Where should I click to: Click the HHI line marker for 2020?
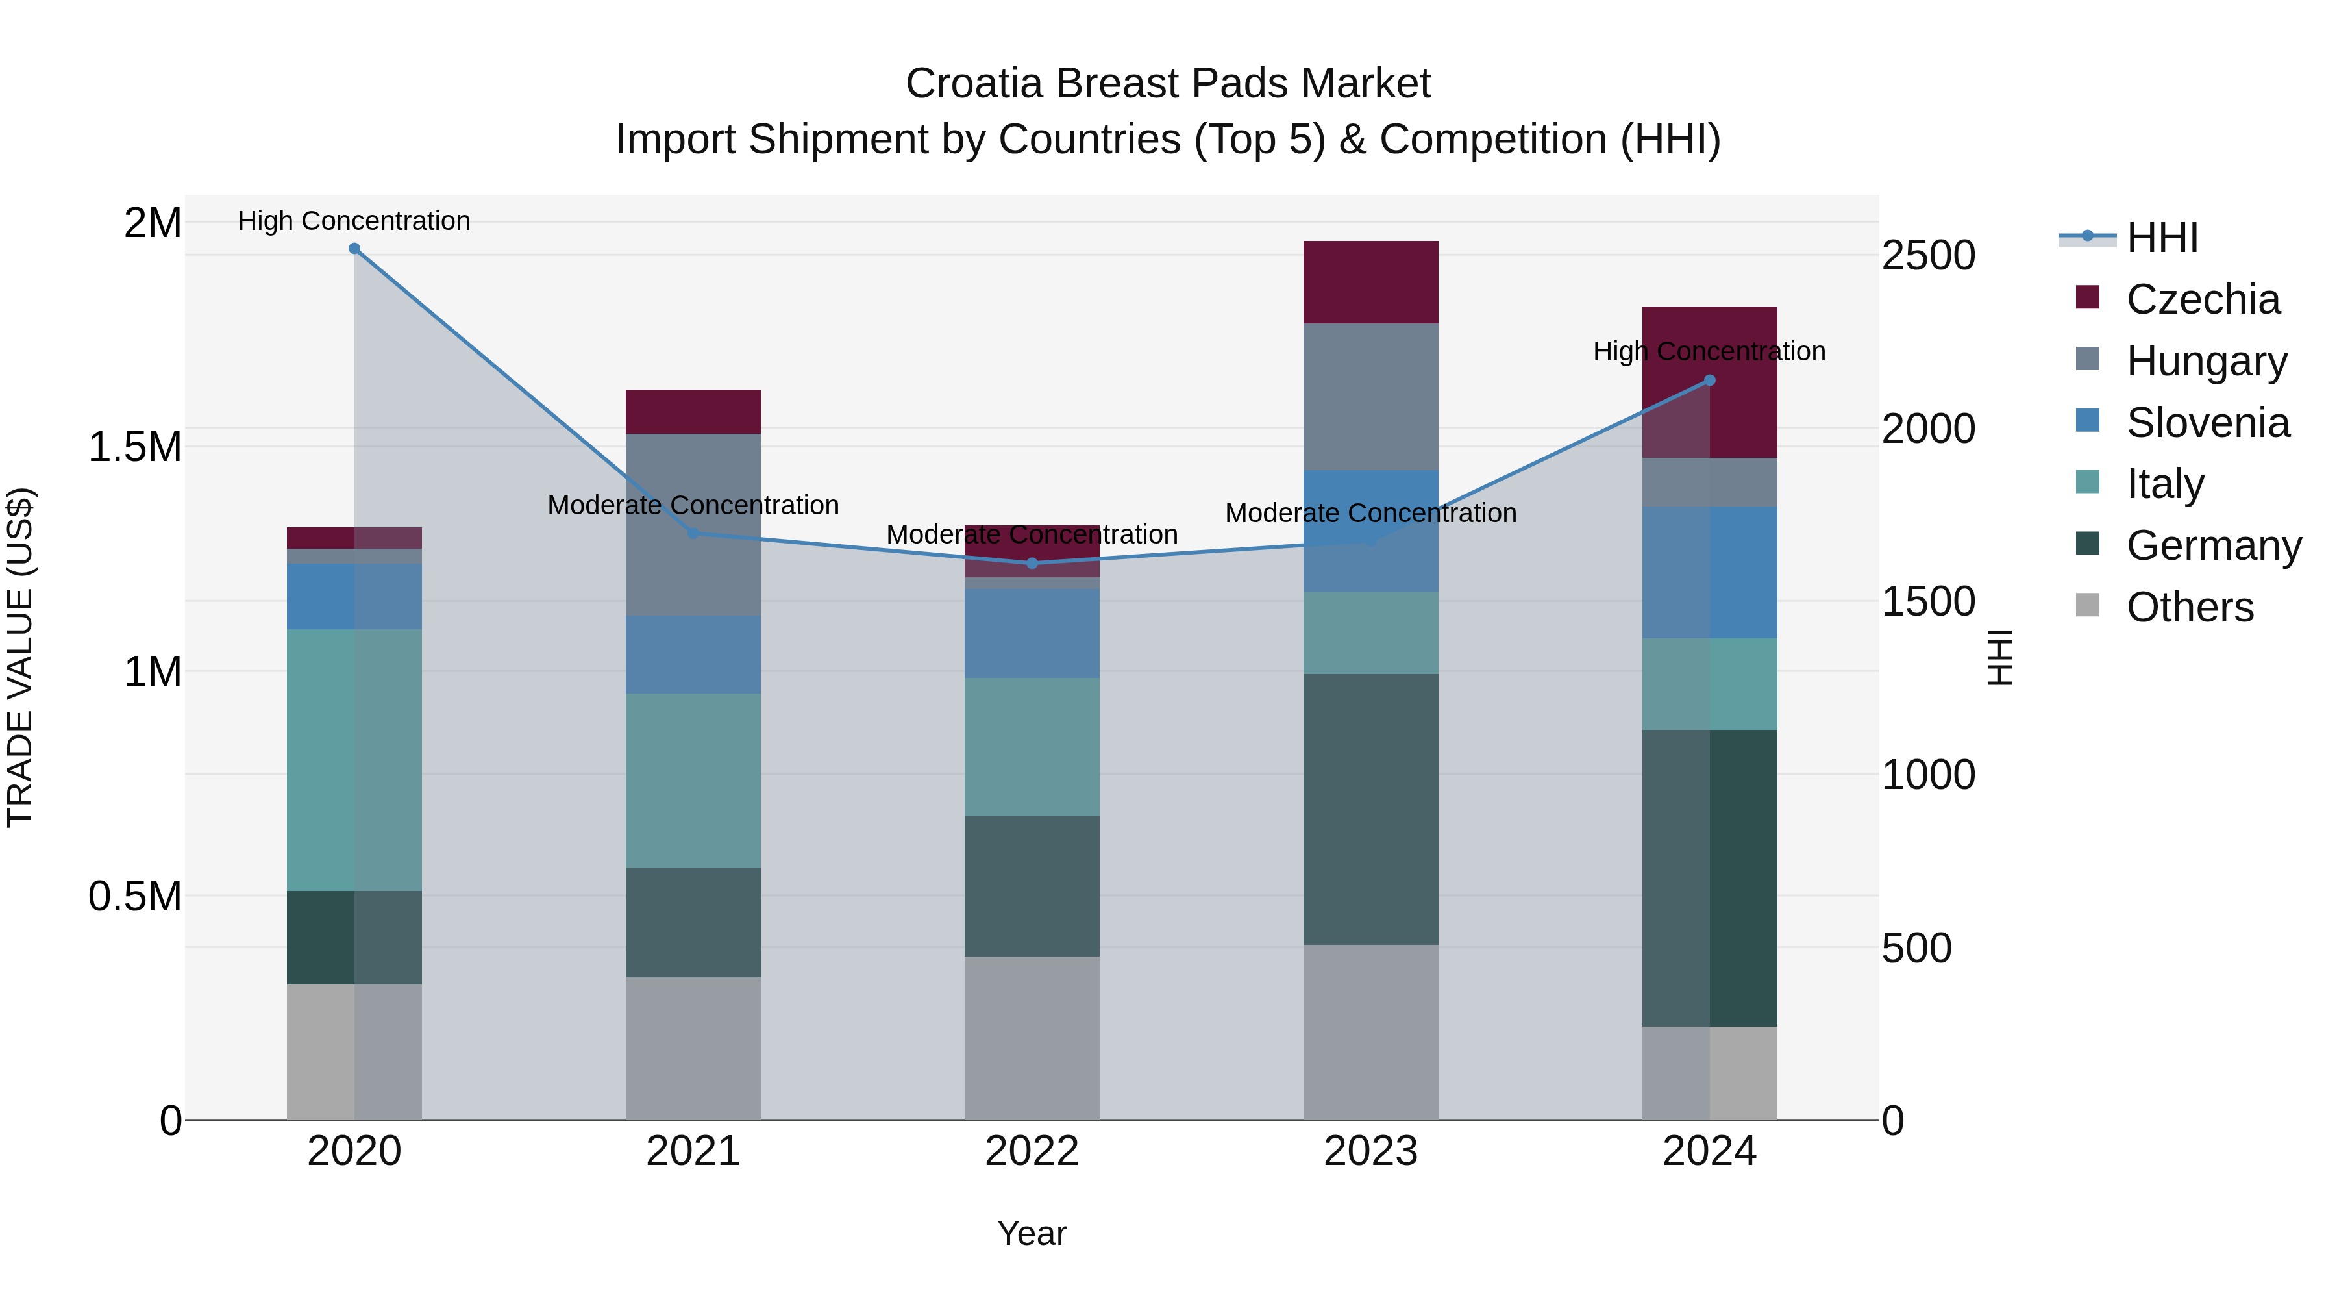click(354, 249)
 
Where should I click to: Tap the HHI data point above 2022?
click(1032, 564)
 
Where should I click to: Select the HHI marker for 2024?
click(1709, 381)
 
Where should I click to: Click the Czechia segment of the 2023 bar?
click(1371, 282)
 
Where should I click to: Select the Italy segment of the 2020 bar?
click(354, 760)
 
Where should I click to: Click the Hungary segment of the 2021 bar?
click(693, 525)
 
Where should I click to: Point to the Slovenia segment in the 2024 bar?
click(1709, 573)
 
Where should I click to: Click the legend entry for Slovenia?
click(2207, 423)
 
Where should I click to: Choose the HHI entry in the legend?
click(2161, 238)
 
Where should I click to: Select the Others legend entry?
click(2188, 607)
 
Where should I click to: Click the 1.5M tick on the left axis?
click(135, 447)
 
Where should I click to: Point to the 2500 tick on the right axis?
click(1928, 256)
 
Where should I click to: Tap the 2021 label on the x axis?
click(693, 1151)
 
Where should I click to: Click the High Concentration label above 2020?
click(354, 221)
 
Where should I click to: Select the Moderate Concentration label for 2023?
click(1371, 513)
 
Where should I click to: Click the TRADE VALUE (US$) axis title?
click(21, 657)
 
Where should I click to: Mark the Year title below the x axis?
click(1032, 1233)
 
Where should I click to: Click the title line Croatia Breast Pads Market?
click(1168, 84)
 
